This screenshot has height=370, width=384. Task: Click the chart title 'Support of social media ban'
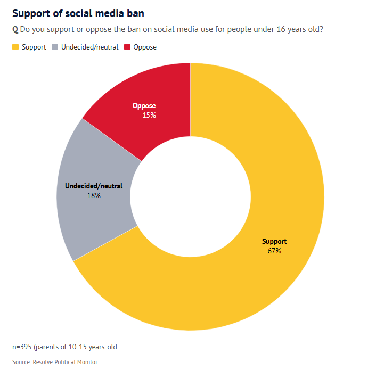click(x=78, y=13)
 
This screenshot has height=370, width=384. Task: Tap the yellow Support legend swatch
click(x=15, y=47)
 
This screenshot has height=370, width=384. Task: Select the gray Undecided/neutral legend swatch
click(x=55, y=47)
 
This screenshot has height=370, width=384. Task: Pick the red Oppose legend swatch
click(x=127, y=47)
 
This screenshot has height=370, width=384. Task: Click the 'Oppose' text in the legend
click(x=145, y=47)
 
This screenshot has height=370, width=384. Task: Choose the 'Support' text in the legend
click(x=34, y=47)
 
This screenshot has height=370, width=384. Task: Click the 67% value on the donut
click(x=274, y=251)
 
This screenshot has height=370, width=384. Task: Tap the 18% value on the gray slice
click(x=94, y=195)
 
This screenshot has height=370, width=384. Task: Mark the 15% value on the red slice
click(x=149, y=115)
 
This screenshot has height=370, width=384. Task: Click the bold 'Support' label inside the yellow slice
click(x=274, y=242)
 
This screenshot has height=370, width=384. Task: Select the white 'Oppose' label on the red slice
click(x=144, y=106)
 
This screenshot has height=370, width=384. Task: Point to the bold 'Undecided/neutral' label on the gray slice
click(x=94, y=186)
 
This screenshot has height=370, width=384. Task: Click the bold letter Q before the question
click(x=15, y=29)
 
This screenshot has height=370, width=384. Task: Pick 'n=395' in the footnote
click(x=22, y=347)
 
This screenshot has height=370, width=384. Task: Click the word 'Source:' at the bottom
click(x=21, y=362)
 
